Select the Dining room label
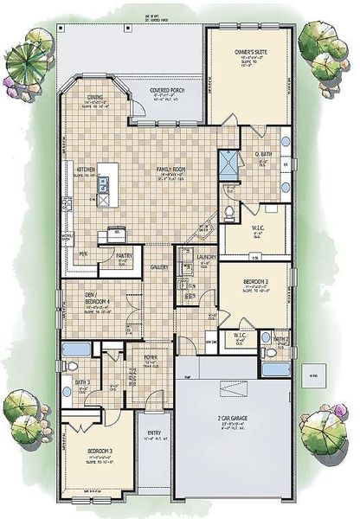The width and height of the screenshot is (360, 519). click(95, 98)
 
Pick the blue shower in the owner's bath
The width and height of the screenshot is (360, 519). click(229, 164)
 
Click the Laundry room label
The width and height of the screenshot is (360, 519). click(206, 257)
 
